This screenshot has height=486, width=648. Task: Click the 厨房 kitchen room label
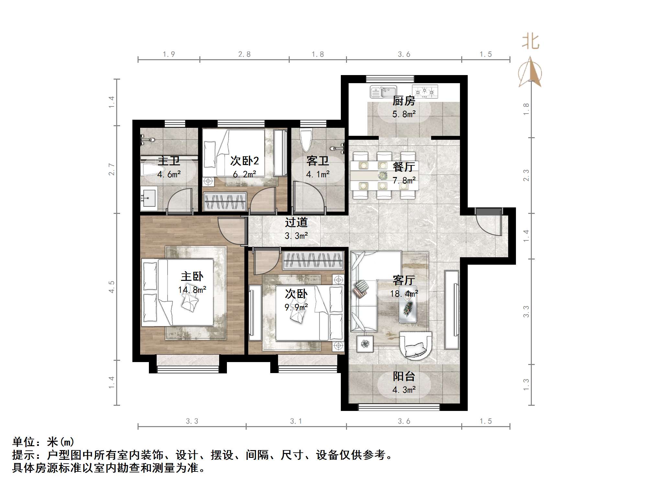tap(404, 101)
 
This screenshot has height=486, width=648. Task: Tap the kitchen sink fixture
tap(384, 92)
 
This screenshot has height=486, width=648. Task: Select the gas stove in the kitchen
tap(425, 92)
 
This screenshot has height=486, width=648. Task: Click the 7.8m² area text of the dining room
tap(404, 180)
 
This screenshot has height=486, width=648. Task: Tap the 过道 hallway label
tap(296, 222)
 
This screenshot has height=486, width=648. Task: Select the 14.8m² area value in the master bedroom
tap(192, 290)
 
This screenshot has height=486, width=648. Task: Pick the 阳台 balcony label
tap(404, 376)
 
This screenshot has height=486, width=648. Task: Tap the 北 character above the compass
tap(530, 42)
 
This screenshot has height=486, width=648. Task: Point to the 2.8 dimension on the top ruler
tap(244, 54)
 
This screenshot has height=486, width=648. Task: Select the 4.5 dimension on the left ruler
tap(112, 287)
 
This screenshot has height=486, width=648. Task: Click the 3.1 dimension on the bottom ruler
tap(296, 421)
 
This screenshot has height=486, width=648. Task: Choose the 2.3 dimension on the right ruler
tap(526, 175)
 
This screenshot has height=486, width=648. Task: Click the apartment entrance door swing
tap(489, 223)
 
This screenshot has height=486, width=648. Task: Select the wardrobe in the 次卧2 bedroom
tap(225, 201)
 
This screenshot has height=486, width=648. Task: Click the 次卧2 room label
tap(244, 161)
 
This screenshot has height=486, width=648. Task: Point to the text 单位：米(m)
tap(43, 442)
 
